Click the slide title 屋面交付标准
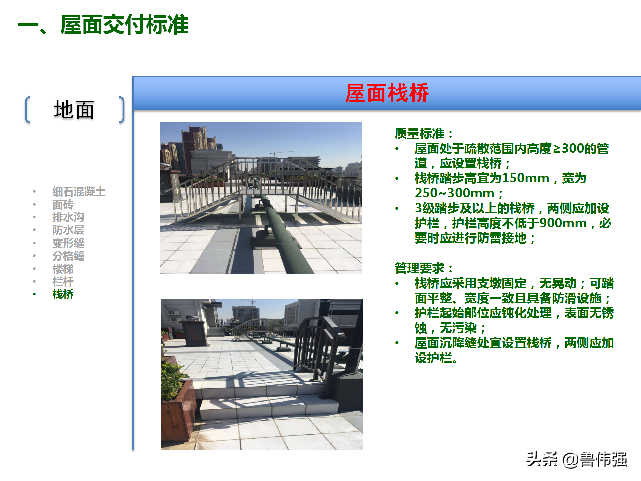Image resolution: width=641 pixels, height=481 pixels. tap(124, 25)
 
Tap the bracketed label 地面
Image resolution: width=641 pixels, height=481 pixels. tap(74, 110)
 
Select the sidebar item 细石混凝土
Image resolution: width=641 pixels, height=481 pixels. tap(79, 192)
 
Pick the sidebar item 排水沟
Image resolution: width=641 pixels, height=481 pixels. tap(68, 217)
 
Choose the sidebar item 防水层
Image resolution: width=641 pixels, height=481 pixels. tap(68, 230)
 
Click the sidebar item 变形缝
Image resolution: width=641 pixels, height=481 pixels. tap(68, 243)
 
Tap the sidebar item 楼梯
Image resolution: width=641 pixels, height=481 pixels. tap(63, 269)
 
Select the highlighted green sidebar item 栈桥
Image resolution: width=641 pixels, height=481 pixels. tap(63, 295)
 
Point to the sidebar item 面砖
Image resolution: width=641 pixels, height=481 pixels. tap(63, 205)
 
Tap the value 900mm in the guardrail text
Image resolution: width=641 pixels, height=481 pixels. tap(563, 223)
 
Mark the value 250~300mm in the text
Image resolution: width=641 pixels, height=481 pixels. tap(454, 193)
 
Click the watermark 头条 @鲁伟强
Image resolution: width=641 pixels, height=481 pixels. tap(577, 460)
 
